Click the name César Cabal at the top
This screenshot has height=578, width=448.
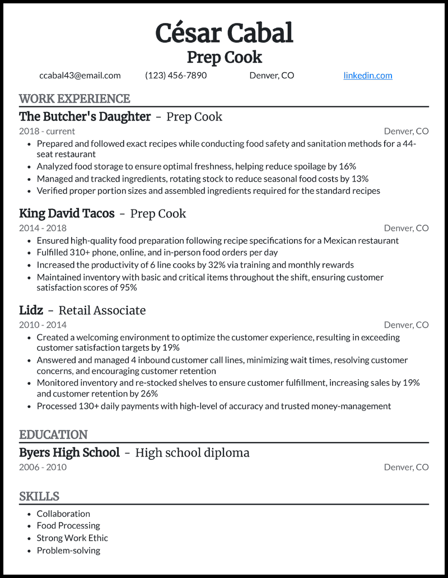point(224,33)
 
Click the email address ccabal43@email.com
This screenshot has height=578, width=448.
point(80,76)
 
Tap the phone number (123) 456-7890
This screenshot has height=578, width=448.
point(176,76)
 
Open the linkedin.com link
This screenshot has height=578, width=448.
point(367,76)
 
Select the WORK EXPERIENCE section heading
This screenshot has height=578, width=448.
point(74,99)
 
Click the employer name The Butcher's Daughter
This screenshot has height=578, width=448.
point(85,117)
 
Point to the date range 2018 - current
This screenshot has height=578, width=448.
point(47,132)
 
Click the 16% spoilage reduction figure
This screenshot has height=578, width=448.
point(348,166)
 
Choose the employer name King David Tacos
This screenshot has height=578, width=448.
point(67,214)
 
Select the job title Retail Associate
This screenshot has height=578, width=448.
point(102,311)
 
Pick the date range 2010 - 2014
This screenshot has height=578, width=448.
point(43,325)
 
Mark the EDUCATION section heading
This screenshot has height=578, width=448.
point(53,435)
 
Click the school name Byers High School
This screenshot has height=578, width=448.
point(69,453)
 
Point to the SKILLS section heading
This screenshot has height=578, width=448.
point(39,497)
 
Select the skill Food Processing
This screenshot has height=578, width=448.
point(68,526)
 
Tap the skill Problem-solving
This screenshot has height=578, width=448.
point(68,551)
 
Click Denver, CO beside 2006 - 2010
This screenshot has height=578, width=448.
point(406,467)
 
